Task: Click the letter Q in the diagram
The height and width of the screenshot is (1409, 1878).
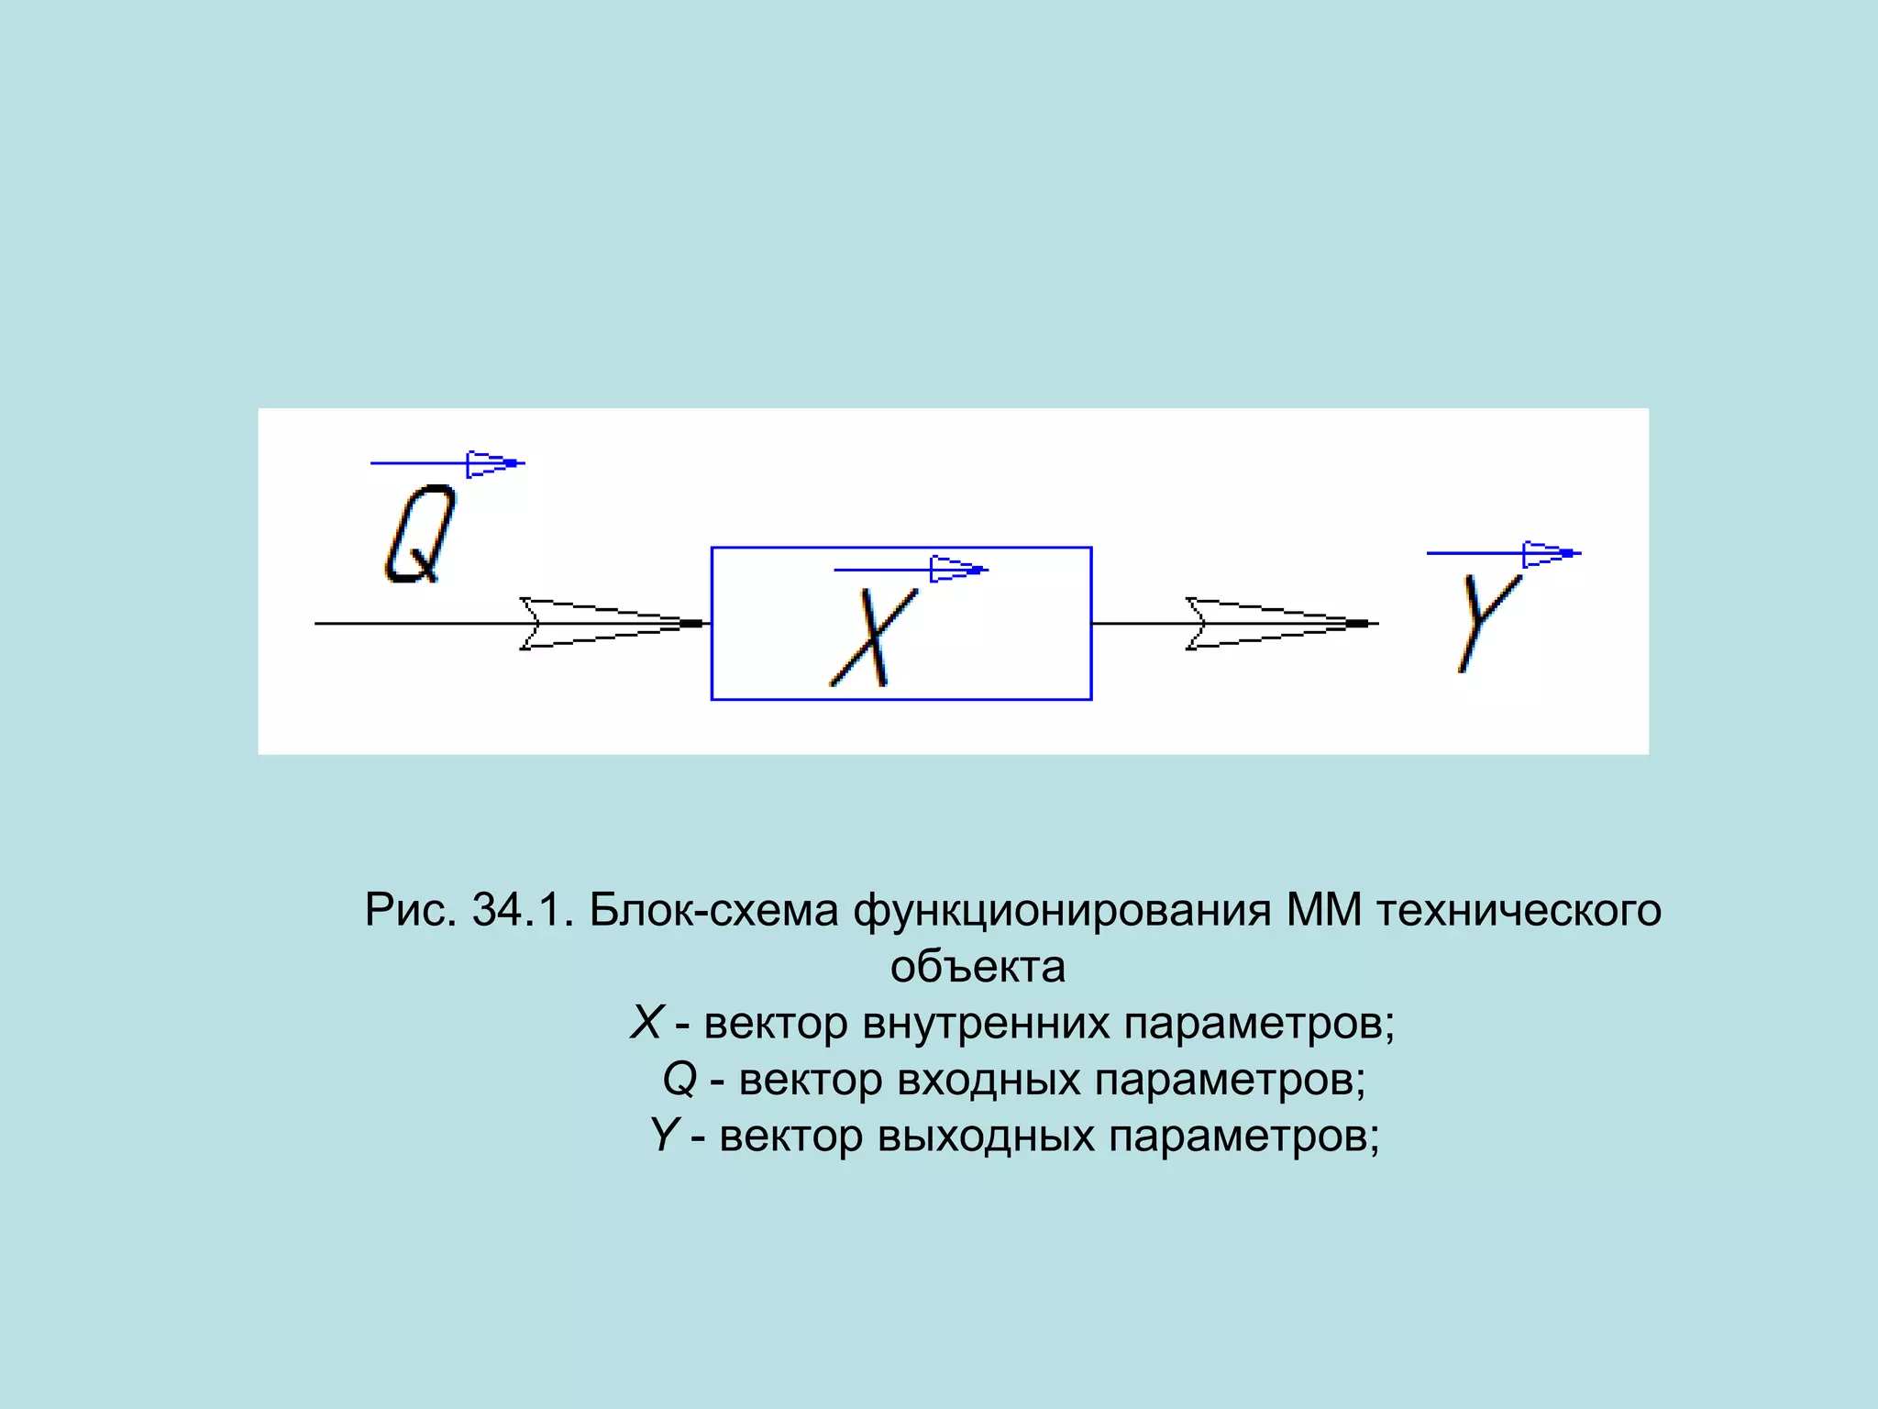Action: click(x=419, y=534)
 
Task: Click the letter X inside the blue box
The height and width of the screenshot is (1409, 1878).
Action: click(x=874, y=638)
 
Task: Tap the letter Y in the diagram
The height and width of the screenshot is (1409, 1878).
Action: click(x=1487, y=620)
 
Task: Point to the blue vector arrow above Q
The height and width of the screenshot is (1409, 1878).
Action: click(x=447, y=463)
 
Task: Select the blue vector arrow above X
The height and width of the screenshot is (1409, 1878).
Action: click(x=911, y=570)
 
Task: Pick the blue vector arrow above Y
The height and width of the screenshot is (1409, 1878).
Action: click(x=1504, y=553)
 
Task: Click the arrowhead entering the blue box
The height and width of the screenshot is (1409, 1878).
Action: click(x=610, y=624)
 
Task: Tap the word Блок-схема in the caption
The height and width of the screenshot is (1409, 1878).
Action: click(x=713, y=910)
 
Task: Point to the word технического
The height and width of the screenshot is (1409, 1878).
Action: click(x=1519, y=910)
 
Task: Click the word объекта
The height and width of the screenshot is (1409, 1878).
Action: click(x=978, y=967)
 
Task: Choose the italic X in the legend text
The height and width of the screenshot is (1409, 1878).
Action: click(x=647, y=1023)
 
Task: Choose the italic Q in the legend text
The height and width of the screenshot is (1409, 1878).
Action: click(x=680, y=1079)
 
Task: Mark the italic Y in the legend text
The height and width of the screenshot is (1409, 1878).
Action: click(x=664, y=1136)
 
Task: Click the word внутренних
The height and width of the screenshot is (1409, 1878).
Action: click(x=986, y=1023)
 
